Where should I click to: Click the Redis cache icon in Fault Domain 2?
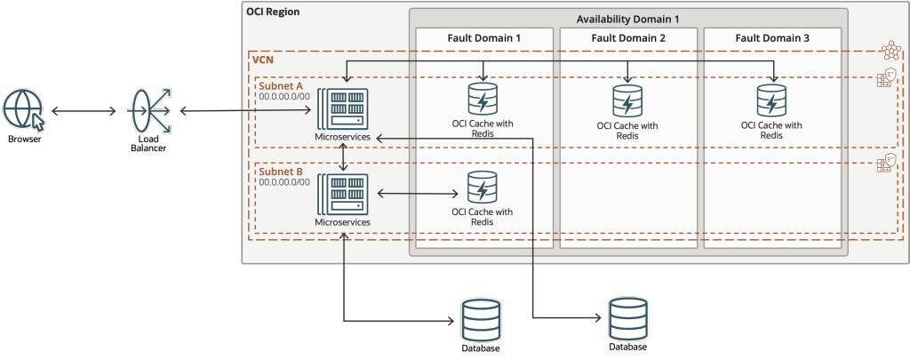[x=627, y=101]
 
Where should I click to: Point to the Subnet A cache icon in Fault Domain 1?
[x=482, y=99]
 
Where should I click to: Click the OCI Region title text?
[x=273, y=12]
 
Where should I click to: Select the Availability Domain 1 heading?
[x=627, y=19]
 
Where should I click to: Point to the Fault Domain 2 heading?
[x=627, y=38]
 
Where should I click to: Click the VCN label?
[x=264, y=60]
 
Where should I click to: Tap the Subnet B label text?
[x=283, y=171]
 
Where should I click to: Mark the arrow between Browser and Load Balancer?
[x=83, y=111]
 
